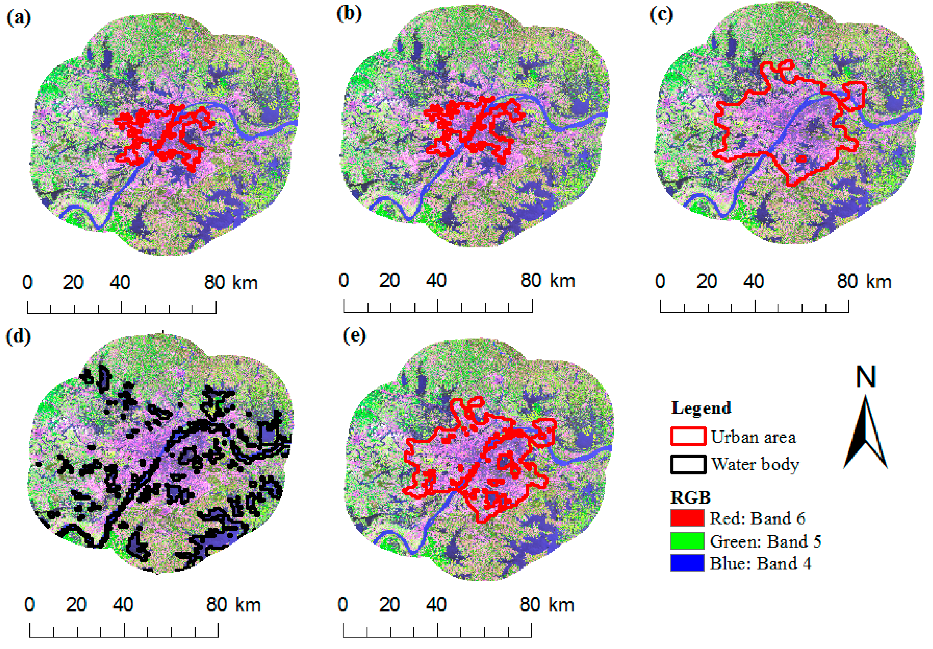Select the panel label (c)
point(661,15)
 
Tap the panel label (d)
point(18,337)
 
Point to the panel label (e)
point(354,336)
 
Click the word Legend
point(701,408)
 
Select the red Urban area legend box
point(688,436)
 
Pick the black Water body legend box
point(688,464)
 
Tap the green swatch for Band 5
point(687,541)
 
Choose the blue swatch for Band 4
point(687,563)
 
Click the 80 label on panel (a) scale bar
point(214,282)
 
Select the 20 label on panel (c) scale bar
point(707,281)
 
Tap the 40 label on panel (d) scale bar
point(123,605)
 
